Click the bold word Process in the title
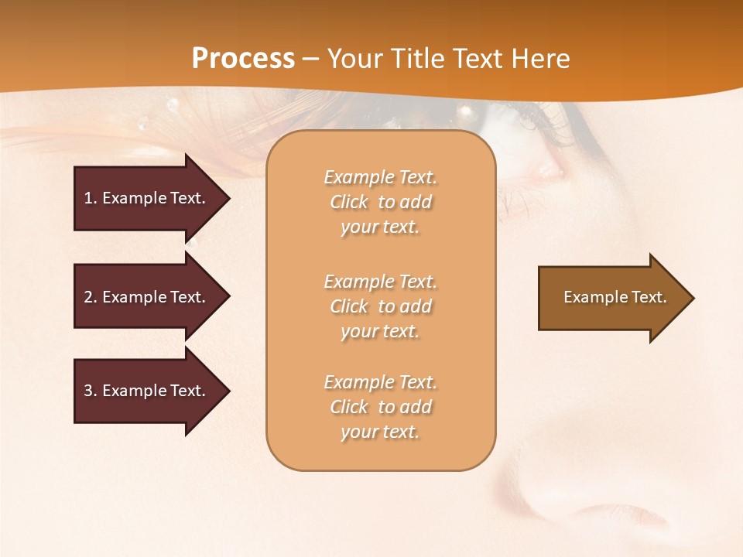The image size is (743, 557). click(x=243, y=59)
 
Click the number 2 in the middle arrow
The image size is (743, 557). click(x=88, y=297)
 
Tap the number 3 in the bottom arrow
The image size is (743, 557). click(x=88, y=391)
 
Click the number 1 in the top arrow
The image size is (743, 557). click(x=88, y=198)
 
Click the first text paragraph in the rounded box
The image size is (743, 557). click(x=380, y=202)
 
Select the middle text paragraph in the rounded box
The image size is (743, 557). click(x=380, y=306)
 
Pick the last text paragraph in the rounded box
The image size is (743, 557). click(x=380, y=407)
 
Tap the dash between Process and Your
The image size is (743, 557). click(x=310, y=59)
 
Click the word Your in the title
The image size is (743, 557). click(x=355, y=59)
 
